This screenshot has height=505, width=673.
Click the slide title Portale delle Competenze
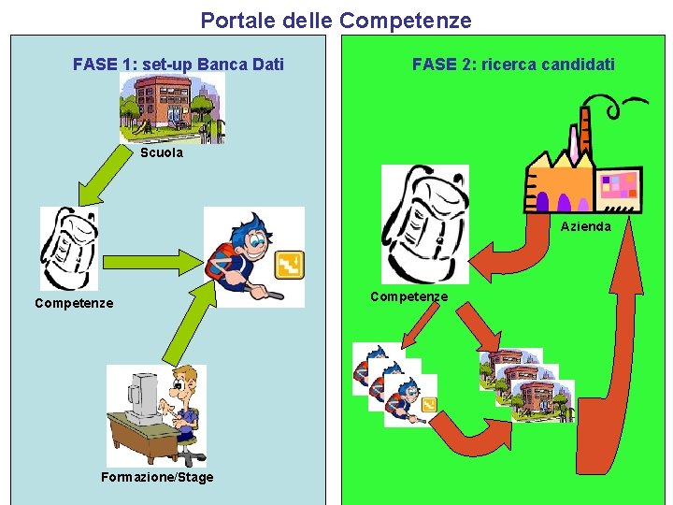(336, 20)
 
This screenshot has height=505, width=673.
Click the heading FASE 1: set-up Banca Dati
(179, 65)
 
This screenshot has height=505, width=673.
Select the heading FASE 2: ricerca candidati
(513, 65)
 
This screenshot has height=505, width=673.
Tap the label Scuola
(162, 153)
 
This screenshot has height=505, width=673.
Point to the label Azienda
(585, 226)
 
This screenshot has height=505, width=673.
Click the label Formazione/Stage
(157, 477)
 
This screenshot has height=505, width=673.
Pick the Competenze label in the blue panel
(74, 303)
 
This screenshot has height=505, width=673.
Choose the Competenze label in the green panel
(408, 296)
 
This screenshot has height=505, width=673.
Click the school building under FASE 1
(170, 106)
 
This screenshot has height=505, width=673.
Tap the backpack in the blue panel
(68, 248)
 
